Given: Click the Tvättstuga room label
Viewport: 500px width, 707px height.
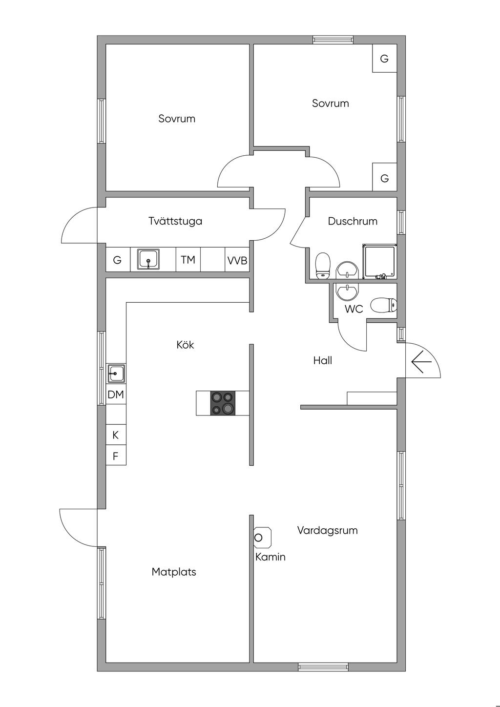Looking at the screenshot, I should [175, 221].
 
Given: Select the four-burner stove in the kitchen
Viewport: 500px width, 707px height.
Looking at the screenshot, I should [223, 403].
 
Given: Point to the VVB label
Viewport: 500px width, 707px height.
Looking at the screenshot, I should [237, 261].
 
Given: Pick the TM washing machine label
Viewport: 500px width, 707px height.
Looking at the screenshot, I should [188, 260].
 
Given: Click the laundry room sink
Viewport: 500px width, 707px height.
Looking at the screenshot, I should [148, 259].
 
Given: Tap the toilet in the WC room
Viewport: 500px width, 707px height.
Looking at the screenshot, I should [383, 306].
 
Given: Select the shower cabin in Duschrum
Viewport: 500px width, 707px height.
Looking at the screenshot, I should [379, 261].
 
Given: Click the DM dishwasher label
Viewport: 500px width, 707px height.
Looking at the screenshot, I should [116, 395].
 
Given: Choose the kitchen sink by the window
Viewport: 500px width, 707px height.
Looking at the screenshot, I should [116, 374].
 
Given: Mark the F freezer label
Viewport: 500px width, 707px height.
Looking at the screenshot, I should [116, 457].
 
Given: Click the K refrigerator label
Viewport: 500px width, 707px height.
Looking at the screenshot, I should [116, 435].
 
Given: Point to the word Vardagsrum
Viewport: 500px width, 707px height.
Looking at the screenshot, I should [327, 530].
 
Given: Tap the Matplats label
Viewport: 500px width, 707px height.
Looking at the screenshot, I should [174, 572].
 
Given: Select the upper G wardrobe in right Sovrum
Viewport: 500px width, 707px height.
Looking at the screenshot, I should [384, 59].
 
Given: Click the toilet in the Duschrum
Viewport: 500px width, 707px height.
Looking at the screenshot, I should [323, 265].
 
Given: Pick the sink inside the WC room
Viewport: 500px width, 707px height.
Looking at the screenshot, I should [347, 291].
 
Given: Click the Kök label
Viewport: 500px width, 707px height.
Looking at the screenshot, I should [185, 345].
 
